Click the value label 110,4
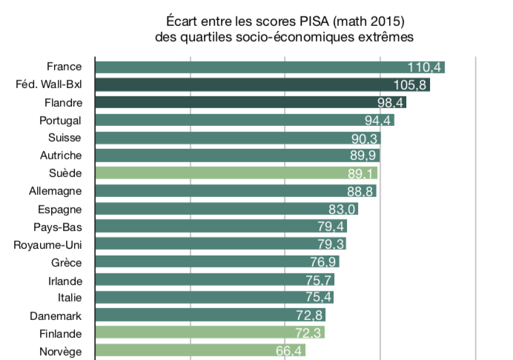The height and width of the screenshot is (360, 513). tap(425, 67)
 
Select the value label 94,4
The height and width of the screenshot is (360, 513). tap(379, 121)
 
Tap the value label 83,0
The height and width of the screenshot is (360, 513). tap(342, 210)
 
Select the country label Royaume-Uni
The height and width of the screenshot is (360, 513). tap(47, 244)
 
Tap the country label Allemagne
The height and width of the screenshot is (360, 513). tap(54, 191)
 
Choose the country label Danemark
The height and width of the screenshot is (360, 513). tap(56, 315)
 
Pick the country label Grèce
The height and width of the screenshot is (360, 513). tap(65, 262)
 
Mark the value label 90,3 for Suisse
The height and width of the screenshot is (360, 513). tap(365, 139)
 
